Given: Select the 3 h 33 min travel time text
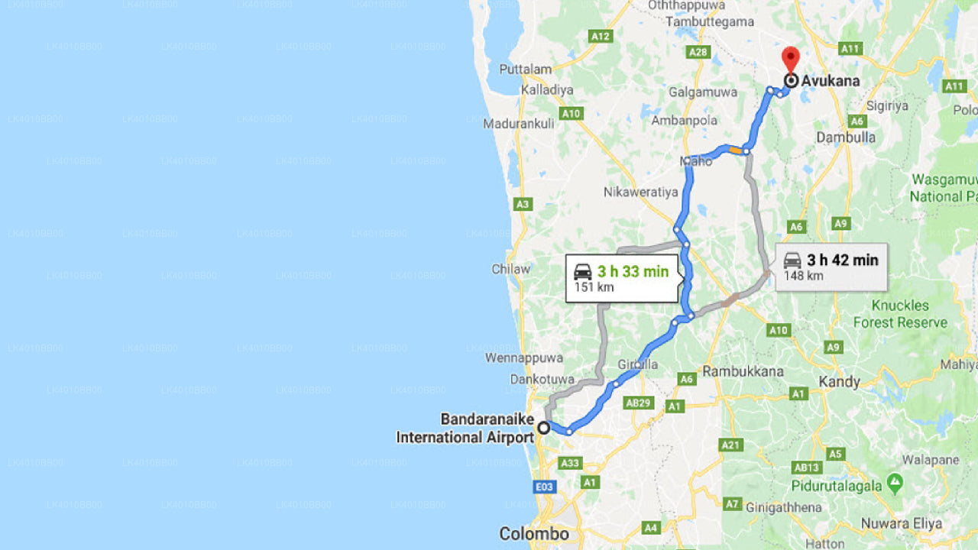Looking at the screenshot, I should pos(633,271).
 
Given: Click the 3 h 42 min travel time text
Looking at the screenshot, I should pos(843,260).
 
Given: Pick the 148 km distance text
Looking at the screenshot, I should pos(803,276).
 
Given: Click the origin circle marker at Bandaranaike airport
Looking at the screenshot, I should pos(543,428).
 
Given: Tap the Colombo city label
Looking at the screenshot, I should pos(534,533).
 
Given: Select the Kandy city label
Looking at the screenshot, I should pos(839,381).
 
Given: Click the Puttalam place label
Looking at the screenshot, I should pos(525,70).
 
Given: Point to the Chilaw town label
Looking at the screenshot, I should pos(511,269).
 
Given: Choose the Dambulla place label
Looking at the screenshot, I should pos(846,137).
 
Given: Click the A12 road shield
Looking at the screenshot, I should pos(601,36).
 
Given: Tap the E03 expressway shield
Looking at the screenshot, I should pos(545,487).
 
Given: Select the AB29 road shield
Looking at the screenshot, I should pos(637,403).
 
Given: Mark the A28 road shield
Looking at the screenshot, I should pos(698,52).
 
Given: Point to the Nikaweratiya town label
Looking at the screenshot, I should pos(640,192).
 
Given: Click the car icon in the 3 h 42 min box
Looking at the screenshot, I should pos(792,260).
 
